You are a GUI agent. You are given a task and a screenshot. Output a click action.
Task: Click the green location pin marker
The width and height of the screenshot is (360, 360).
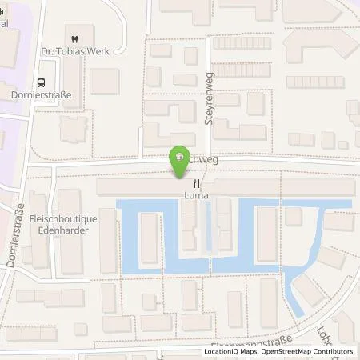pos(178,162)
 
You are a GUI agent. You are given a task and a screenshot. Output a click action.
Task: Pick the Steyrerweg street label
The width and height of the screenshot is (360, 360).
pos(211,92)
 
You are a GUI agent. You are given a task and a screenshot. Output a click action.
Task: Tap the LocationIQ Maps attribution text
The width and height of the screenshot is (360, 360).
pos(231,351)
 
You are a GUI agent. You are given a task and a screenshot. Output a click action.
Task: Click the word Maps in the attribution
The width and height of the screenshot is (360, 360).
pos(245,351)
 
